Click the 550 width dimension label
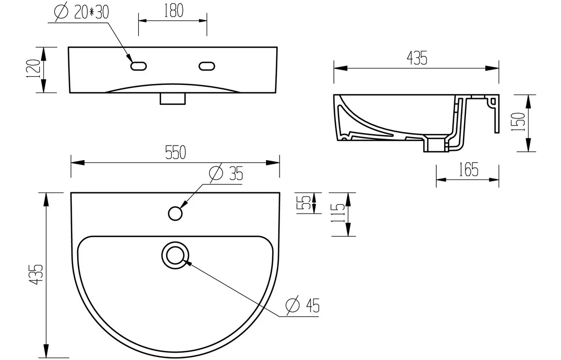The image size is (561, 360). [x=175, y=152]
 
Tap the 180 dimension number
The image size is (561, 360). [x=174, y=11]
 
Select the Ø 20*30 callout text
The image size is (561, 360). [x=82, y=12]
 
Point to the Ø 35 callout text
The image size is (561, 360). [x=227, y=173]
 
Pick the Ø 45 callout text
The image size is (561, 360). [x=303, y=305]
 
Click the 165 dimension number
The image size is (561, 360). [x=468, y=169]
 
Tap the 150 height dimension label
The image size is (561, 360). [x=518, y=122]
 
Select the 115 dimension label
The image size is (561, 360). [x=338, y=213]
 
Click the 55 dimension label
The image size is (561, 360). [x=304, y=203]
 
